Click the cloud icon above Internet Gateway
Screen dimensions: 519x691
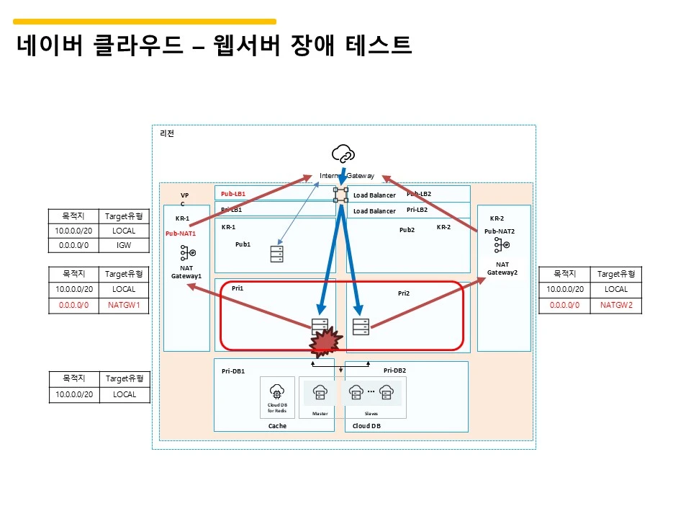(343, 153)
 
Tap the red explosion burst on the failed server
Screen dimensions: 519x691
(326, 341)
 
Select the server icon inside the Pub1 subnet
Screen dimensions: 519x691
(276, 254)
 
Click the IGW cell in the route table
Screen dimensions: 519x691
(124, 245)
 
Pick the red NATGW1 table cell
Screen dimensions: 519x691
(124, 305)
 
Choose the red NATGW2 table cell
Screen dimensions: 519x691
(616, 305)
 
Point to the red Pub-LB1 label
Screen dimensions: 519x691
(233, 194)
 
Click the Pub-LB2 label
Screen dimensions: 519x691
(419, 194)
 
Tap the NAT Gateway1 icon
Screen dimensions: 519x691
(186, 253)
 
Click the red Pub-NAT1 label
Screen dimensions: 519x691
(181, 234)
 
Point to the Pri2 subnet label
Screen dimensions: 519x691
(403, 293)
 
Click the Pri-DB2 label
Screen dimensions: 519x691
(394, 370)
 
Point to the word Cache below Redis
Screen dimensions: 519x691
(277, 426)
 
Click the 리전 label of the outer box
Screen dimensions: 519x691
(166, 133)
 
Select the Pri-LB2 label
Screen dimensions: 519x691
(417, 210)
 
